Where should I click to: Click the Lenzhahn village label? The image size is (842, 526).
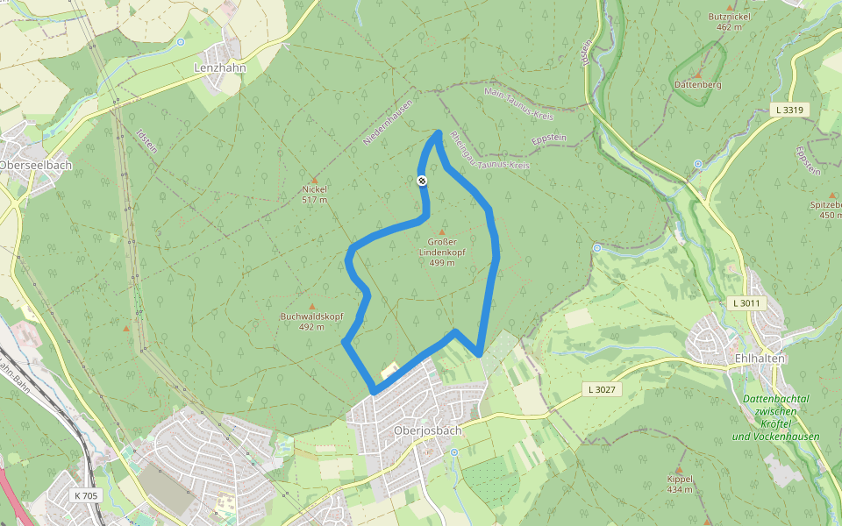tap(219, 67)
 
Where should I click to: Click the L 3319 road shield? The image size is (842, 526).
tap(789, 110)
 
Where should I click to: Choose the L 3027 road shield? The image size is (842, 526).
tap(603, 388)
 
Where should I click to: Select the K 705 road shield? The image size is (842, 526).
tap(87, 495)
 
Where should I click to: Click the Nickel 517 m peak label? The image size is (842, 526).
tap(314, 194)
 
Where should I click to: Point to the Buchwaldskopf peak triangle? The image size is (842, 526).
tap(311, 306)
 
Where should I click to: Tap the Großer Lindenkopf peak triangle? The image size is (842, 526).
tap(441, 231)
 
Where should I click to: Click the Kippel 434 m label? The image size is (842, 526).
tap(680, 484)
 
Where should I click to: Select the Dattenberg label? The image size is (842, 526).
tap(697, 84)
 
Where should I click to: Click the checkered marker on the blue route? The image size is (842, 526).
tap(422, 181)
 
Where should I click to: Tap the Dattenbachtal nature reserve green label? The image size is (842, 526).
tap(775, 417)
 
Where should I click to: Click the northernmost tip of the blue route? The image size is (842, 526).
tap(439, 132)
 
